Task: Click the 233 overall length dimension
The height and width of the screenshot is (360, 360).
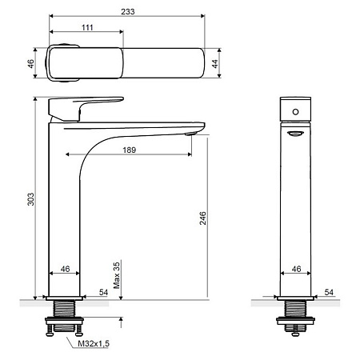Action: [x=128, y=12]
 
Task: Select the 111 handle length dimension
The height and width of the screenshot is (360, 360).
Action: [x=87, y=27]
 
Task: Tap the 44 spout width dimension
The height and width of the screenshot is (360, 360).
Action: [x=215, y=63]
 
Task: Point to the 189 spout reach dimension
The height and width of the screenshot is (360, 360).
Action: [x=130, y=150]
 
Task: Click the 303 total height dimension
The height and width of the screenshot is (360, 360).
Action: [x=31, y=199]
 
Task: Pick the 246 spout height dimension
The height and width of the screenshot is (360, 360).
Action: [x=203, y=218]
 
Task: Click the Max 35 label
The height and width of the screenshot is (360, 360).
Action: [x=117, y=275]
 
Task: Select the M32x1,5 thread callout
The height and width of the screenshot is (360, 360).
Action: [x=94, y=343]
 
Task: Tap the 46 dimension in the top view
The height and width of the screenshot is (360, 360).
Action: [x=31, y=63]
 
